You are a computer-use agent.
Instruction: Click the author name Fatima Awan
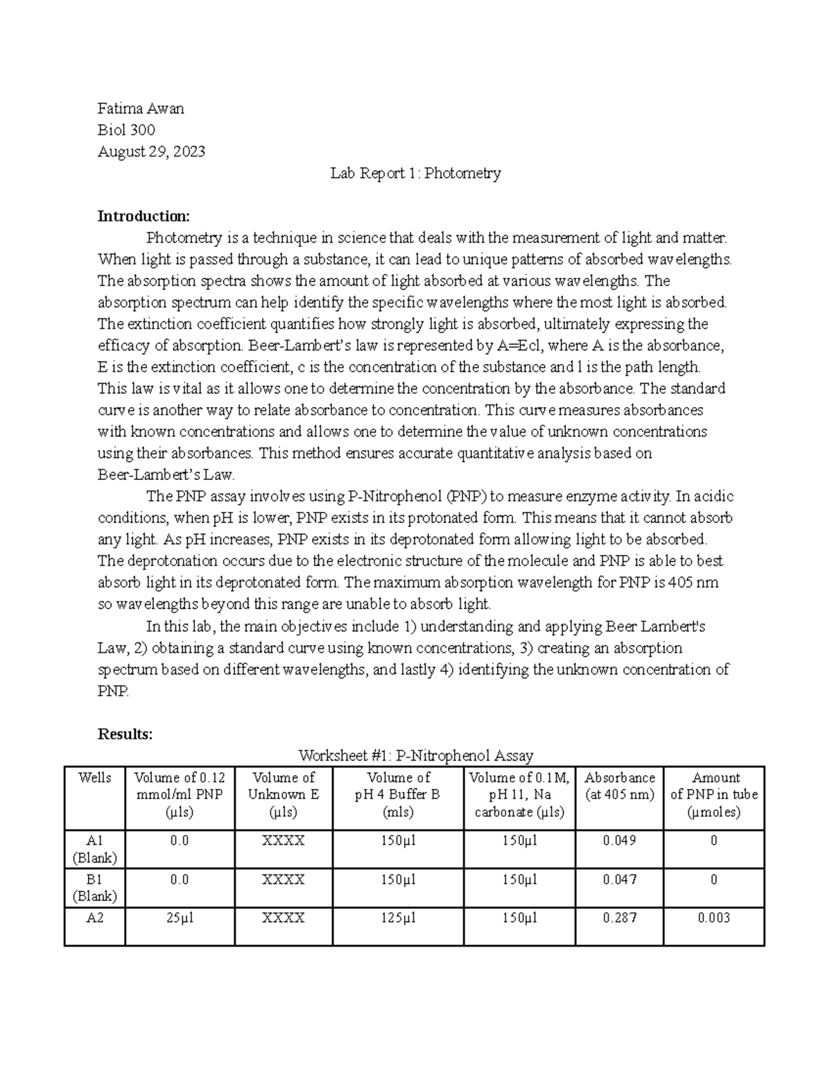pos(141,108)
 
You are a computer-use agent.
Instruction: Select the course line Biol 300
pos(126,130)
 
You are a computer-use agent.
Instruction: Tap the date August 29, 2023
pos(151,151)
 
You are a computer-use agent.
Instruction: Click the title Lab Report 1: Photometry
pos(415,173)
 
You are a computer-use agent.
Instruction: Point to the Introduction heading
pos(143,216)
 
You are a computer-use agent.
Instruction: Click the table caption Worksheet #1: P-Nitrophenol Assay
pos(415,755)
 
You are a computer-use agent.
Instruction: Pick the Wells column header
pos(95,778)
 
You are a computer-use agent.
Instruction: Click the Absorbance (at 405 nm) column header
pos(619,786)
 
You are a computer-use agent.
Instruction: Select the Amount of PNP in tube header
pos(714,795)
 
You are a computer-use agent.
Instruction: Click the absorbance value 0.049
pos(619,841)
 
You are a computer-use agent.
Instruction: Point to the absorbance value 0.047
pos(619,879)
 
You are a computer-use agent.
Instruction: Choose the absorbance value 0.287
pos(619,917)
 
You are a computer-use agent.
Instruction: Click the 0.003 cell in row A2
pos(714,917)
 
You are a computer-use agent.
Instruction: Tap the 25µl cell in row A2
pos(180,917)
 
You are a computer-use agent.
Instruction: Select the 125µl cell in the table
pos(398,917)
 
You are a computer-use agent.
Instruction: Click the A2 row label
pos(95,917)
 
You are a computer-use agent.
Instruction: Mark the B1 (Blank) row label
pos(95,888)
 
